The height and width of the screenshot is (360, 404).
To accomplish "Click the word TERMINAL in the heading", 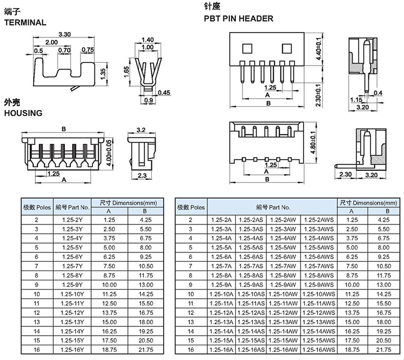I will pyautogui.click(x=25, y=23).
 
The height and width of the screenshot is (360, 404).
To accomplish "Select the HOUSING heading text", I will pyautogui.click(x=23, y=113).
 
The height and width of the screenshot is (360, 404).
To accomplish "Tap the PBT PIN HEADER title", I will pyautogui.click(x=238, y=18).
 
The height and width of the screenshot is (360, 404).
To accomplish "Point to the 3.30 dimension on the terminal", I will pyautogui.click(x=65, y=34).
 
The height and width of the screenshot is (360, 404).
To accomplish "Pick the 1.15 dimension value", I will pyautogui.click(x=356, y=100).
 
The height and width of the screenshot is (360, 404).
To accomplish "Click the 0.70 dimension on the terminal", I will pyautogui.click(x=64, y=50).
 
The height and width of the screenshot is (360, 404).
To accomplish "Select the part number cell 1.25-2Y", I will pyautogui.click(x=72, y=220).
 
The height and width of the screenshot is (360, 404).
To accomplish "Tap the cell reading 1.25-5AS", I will pyautogui.click(x=252, y=248).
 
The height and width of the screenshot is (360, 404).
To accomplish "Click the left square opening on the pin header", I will pyautogui.click(x=246, y=49).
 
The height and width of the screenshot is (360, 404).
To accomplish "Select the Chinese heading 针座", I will pyautogui.click(x=212, y=8).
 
